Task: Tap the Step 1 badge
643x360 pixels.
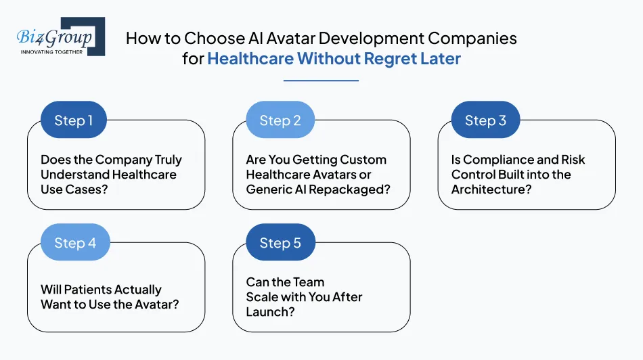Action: (74, 120)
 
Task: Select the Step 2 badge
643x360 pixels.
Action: (280, 120)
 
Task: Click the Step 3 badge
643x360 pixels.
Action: (485, 120)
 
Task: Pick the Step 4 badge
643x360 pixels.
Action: (74, 243)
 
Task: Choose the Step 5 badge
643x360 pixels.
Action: (280, 243)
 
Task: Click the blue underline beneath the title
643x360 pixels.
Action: (321, 81)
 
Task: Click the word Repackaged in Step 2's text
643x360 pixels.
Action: (355, 189)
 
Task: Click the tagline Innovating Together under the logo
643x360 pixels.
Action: (52, 51)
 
